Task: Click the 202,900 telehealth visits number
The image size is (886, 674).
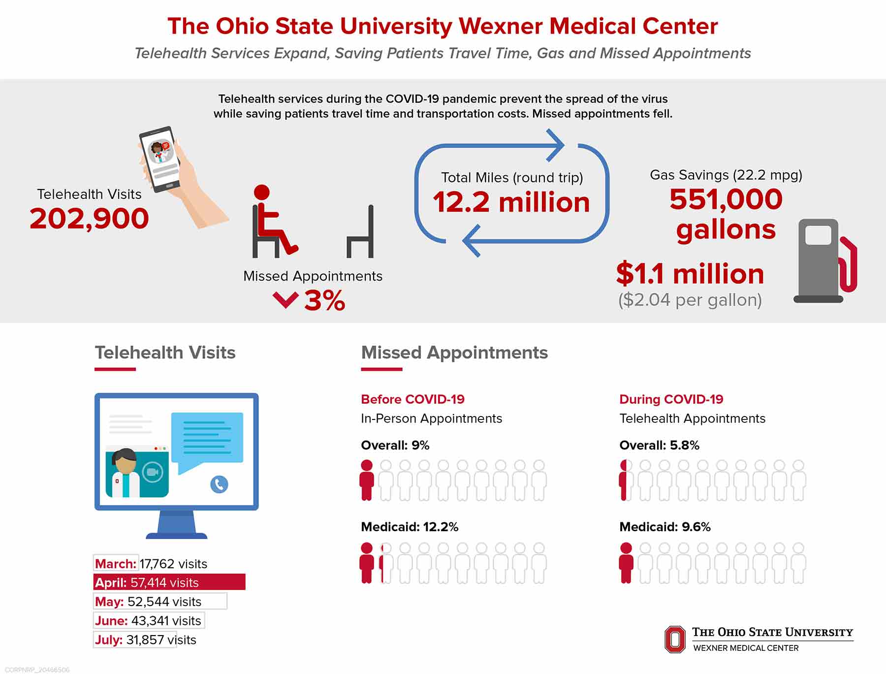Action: coord(89,219)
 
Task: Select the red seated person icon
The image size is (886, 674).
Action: coord(274,222)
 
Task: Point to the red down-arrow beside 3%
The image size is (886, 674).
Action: coord(285,299)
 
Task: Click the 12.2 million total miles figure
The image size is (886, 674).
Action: coord(511,202)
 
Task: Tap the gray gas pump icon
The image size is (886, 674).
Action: coord(824,261)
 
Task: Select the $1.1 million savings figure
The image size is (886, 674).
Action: coord(690,274)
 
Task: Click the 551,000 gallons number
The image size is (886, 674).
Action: coord(726,214)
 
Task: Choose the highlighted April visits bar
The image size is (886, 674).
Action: coord(169,582)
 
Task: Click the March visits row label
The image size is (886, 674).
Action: coord(116,564)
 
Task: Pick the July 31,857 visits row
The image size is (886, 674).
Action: coord(145,640)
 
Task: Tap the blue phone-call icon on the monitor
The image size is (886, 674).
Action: coord(219,484)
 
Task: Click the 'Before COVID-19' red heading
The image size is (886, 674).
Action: coord(412,399)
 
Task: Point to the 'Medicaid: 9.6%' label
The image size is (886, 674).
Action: coord(665,527)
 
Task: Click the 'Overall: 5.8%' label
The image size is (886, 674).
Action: coord(659,445)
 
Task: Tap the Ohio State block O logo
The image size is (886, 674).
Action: coord(675,639)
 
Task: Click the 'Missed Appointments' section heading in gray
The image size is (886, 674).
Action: coord(454,353)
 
